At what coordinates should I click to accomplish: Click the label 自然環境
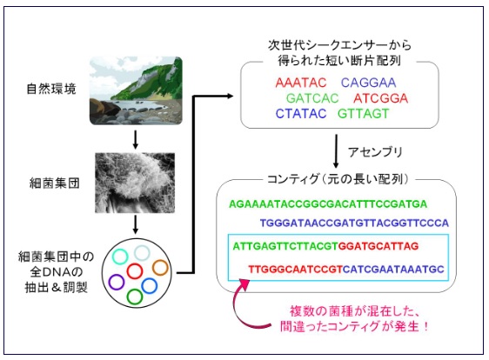click(51, 89)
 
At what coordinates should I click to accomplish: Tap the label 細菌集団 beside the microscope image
click(55, 183)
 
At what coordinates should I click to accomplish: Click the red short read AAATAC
click(301, 83)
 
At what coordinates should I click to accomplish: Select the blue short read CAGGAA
click(368, 83)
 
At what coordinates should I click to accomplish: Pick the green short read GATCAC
click(312, 98)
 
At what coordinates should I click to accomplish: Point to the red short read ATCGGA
click(381, 98)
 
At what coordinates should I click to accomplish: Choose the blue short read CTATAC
click(301, 114)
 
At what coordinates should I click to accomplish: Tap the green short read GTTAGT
click(364, 114)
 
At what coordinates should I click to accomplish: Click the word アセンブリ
click(375, 152)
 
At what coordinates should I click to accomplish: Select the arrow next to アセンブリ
click(336, 151)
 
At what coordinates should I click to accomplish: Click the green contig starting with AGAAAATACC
click(328, 204)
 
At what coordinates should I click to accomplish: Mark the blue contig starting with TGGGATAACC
click(354, 223)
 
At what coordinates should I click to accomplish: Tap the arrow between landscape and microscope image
click(136, 140)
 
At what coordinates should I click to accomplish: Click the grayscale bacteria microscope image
click(135, 183)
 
